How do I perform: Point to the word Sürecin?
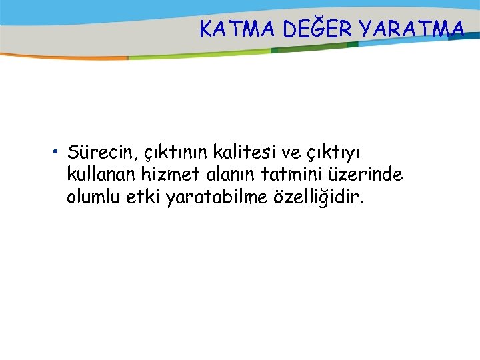coord(101,154)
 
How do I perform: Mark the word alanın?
coord(225,175)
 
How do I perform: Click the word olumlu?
coord(91,197)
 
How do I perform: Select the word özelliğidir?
coord(316,197)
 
